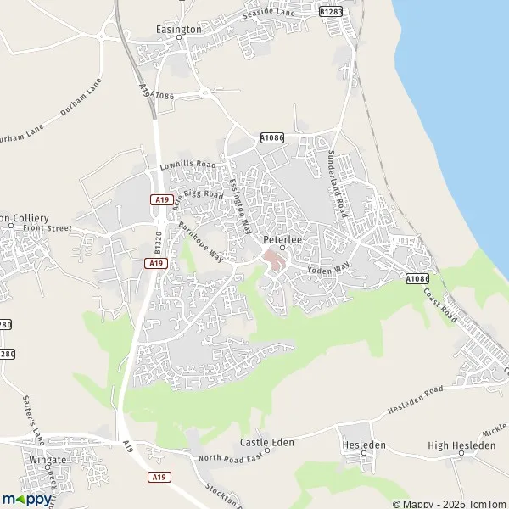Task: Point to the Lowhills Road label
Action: point(187,164)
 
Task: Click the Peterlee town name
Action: point(277,239)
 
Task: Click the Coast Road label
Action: point(441,306)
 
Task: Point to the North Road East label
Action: point(232,458)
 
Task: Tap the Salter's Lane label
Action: point(34,419)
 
